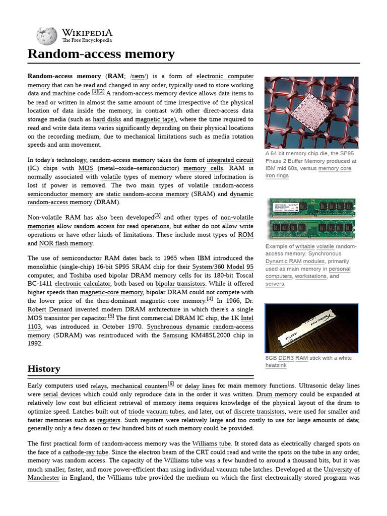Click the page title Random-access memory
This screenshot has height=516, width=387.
click(101, 54)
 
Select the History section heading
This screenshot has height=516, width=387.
click(44, 369)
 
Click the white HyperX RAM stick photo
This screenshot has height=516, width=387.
click(311, 328)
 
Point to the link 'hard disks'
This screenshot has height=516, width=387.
click(106, 119)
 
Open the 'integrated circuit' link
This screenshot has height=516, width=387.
click(230, 160)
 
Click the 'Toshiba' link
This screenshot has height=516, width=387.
click(80, 276)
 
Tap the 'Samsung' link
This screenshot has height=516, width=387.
click(175, 336)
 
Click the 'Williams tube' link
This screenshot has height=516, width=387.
click(211, 443)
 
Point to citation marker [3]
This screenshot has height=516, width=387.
click(157, 216)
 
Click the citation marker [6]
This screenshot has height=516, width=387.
click(171, 384)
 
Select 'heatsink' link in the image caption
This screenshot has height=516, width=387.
click(276, 365)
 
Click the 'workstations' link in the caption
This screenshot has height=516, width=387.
click(311, 276)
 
